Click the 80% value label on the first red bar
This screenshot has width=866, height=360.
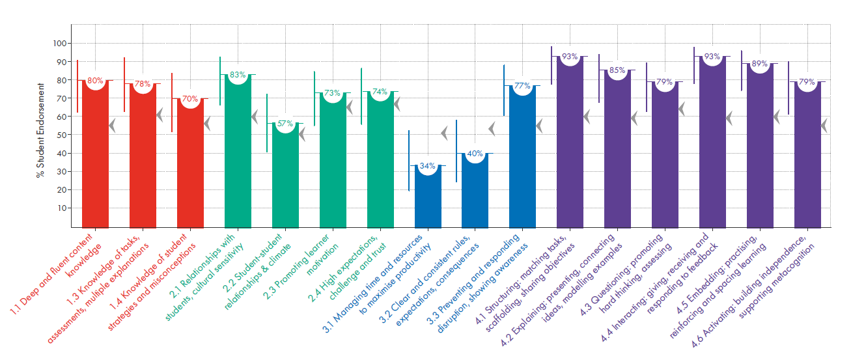[95, 81]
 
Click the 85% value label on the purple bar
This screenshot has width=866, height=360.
[617, 70]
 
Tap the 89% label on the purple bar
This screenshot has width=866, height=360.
[760, 64]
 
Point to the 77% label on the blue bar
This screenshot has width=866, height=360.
[522, 85]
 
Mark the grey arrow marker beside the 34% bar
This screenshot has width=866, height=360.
[444, 133]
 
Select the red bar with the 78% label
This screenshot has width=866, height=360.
[142, 156]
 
